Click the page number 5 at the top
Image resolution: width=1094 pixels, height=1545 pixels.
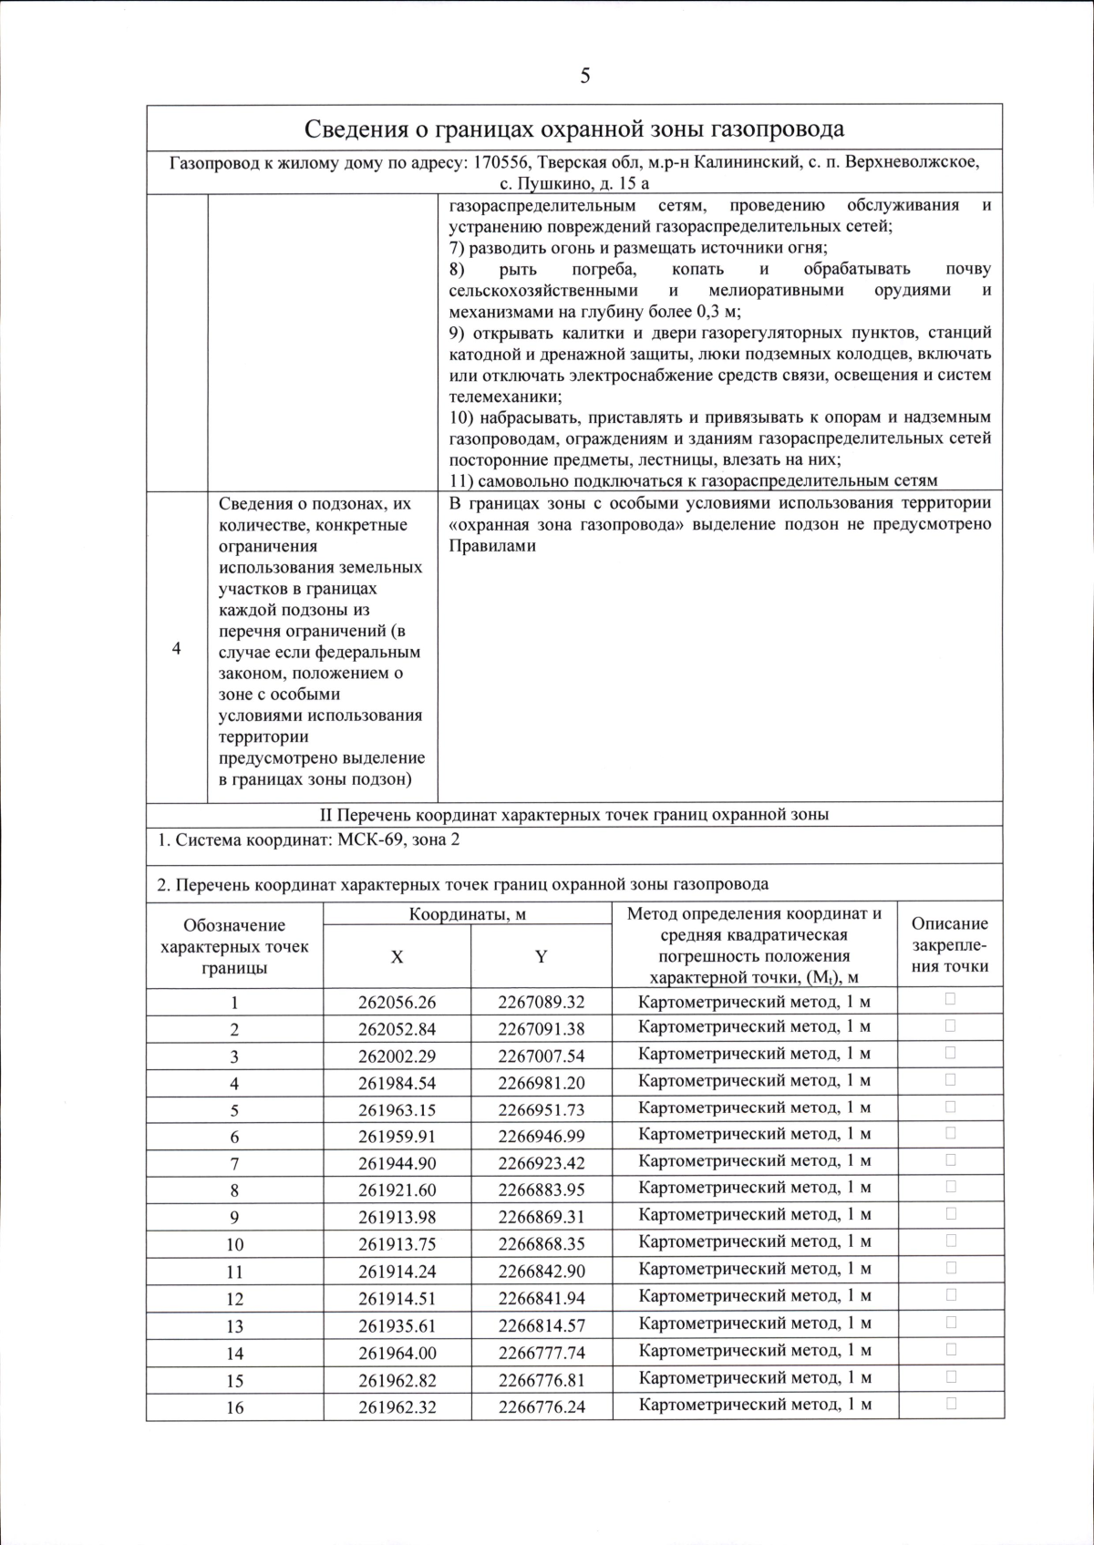[584, 76]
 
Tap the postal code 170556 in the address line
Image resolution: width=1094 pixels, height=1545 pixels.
[501, 163]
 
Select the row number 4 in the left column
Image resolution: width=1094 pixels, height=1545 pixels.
[177, 648]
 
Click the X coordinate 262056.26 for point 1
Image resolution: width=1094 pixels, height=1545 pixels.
[397, 1002]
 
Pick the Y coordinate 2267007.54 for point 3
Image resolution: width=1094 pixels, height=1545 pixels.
[542, 1056]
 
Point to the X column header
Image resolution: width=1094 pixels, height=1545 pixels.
[397, 956]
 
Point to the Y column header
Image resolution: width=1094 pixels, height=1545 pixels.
[542, 956]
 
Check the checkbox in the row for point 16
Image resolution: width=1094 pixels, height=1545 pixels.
[951, 1404]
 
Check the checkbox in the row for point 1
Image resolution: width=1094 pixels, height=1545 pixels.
[951, 999]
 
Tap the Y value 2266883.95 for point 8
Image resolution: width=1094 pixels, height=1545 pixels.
[542, 1190]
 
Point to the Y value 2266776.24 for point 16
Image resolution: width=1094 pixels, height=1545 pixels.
[542, 1406]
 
